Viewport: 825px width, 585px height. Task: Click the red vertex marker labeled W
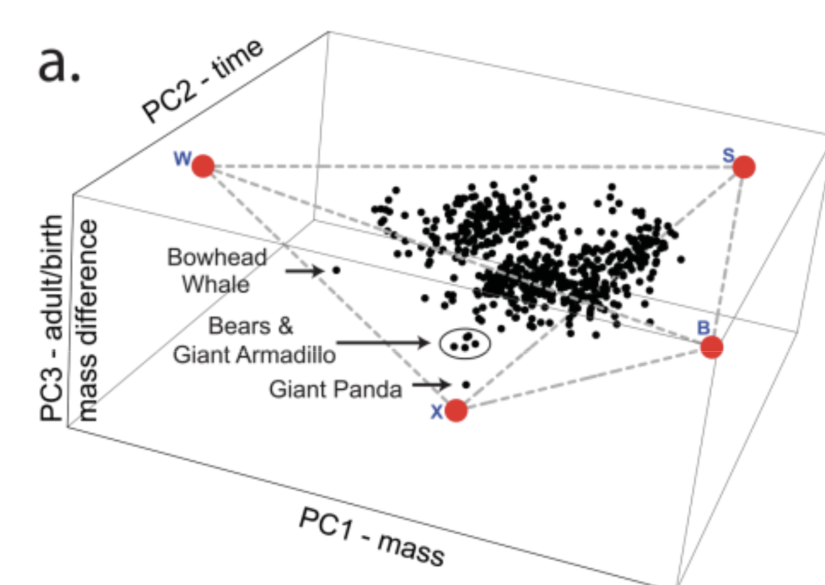(203, 166)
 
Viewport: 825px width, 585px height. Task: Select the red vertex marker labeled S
(744, 167)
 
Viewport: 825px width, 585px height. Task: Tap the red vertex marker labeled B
(712, 347)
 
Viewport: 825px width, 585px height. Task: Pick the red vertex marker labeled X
(456, 410)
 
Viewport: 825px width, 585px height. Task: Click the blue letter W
(182, 159)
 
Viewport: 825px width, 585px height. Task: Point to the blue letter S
(728, 156)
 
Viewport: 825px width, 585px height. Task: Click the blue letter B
(704, 327)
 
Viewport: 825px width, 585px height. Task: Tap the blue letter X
(437, 412)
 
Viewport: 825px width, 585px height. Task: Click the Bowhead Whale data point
(336, 270)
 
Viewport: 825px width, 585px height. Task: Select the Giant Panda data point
(466, 385)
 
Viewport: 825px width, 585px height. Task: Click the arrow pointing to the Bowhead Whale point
(304, 271)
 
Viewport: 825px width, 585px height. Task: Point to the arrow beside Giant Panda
(431, 385)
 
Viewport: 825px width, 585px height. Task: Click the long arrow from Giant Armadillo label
(383, 343)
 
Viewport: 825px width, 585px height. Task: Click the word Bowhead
(217, 257)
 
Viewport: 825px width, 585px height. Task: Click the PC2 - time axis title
(203, 81)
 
